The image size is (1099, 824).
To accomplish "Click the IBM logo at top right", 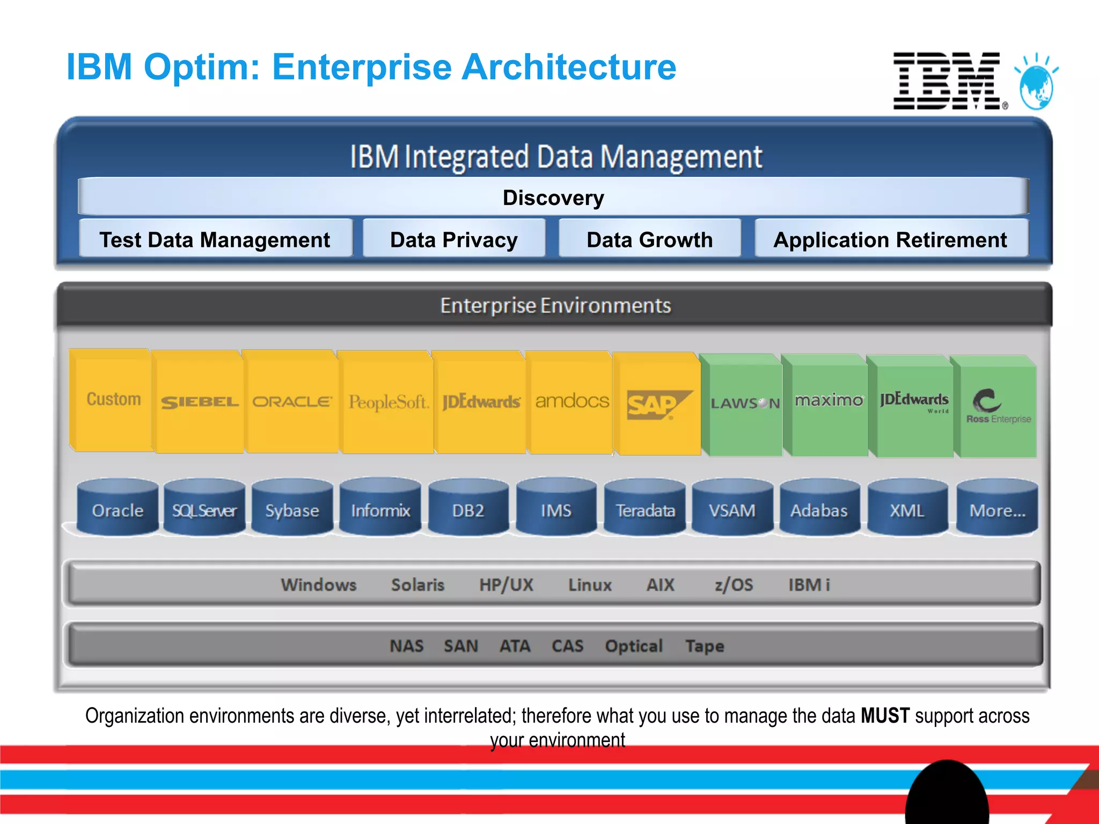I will [x=947, y=80].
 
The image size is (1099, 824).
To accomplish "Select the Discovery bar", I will [x=553, y=197].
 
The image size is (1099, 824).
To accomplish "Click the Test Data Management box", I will [x=215, y=239].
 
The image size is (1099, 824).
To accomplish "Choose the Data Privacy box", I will [x=454, y=239].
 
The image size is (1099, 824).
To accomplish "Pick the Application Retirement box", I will [x=890, y=239].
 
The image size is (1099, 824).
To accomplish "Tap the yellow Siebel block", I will [x=200, y=402].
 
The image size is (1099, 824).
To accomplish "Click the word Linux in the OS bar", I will [x=590, y=584].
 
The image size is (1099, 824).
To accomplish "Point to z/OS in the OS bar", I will [x=734, y=584].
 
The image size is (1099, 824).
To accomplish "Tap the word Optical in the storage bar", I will [x=634, y=646].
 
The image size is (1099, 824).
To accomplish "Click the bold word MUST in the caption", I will [x=885, y=716].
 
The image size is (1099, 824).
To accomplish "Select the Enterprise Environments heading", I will [x=555, y=305].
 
